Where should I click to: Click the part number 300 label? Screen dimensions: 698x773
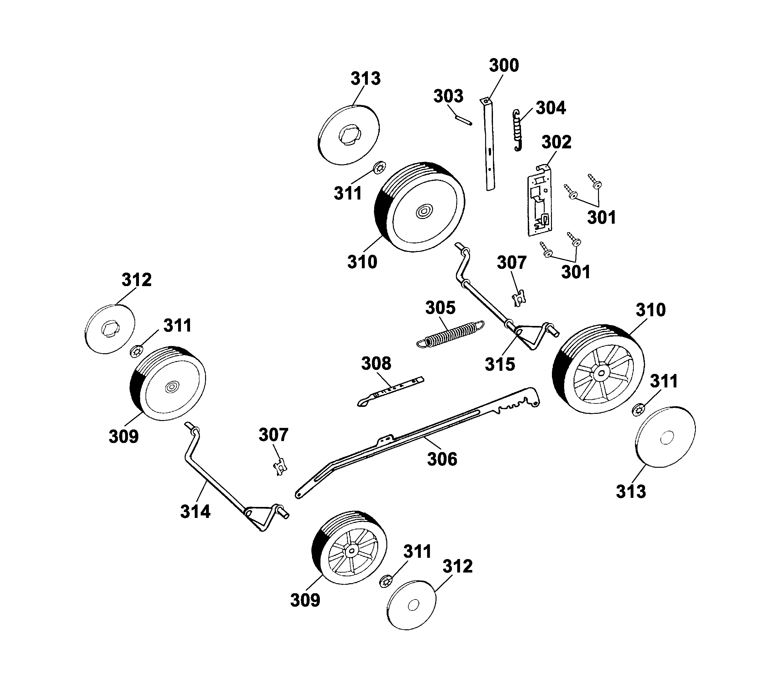pyautogui.click(x=504, y=66)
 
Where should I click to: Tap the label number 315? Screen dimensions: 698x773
pyautogui.click(x=500, y=364)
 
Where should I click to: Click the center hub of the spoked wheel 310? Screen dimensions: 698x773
pyautogui.click(x=601, y=372)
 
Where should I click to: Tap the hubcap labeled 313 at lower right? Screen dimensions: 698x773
pyautogui.click(x=666, y=437)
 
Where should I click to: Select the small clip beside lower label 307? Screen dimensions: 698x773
pyautogui.click(x=281, y=467)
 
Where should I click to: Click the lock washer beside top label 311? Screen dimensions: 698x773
pyautogui.click(x=379, y=168)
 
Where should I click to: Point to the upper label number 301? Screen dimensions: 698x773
pyautogui.click(x=601, y=218)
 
